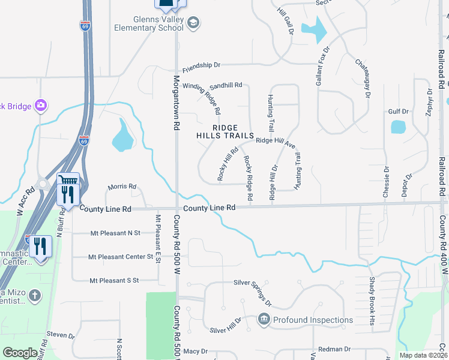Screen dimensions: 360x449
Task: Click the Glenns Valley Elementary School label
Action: pyautogui.click(x=149, y=23)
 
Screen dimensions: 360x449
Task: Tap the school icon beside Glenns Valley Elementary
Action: pyautogui.click(x=193, y=23)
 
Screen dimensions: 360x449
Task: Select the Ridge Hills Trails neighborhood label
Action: pyautogui.click(x=225, y=131)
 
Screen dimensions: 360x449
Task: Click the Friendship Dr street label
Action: pyautogui.click(x=202, y=65)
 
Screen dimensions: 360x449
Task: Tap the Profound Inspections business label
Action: pyautogui.click(x=313, y=320)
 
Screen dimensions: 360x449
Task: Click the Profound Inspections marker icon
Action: pyautogui.click(x=263, y=319)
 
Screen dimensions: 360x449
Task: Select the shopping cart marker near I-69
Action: pyautogui.click(x=68, y=180)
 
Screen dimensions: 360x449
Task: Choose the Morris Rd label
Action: pyautogui.click(x=122, y=187)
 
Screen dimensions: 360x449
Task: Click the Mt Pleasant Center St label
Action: pyautogui.click(x=121, y=257)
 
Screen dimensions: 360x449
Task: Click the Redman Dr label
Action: pyautogui.click(x=334, y=349)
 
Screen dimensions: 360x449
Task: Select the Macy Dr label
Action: pyautogui.click(x=195, y=351)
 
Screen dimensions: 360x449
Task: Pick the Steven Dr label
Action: pyautogui.click(x=59, y=334)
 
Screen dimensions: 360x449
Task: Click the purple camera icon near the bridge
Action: pyautogui.click(x=40, y=106)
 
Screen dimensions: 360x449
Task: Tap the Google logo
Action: pyautogui.click(x=20, y=353)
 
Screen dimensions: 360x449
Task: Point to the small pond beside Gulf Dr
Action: pyautogui.click(x=398, y=127)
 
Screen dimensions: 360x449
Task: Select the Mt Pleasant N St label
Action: pyautogui.click(x=115, y=233)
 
